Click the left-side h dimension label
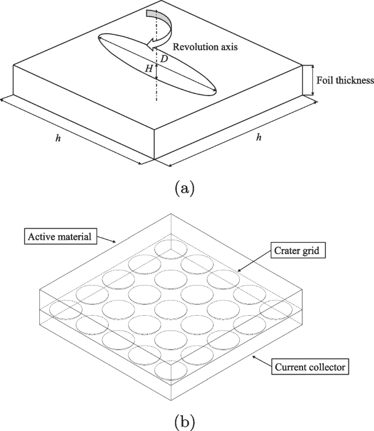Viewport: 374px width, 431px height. click(x=58, y=138)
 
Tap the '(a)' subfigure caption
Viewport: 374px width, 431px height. click(x=183, y=188)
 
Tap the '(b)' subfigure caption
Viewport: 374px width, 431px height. click(x=183, y=421)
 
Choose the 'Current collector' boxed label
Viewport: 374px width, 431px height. click(x=308, y=367)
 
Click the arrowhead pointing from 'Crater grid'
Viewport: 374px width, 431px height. click(x=239, y=270)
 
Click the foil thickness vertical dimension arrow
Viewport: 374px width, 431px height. click(x=313, y=80)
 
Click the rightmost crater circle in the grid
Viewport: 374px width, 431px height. click(x=275, y=310)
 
